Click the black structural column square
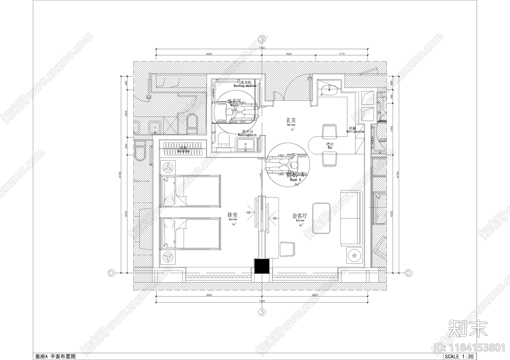(262, 266)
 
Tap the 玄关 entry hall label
(291, 120)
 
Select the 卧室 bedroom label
(233, 215)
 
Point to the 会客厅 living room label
(300, 216)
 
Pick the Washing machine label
(245, 84)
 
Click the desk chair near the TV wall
(288, 249)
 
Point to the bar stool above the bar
(330, 131)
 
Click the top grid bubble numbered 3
(262, 40)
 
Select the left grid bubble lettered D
(111, 273)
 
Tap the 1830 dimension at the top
(288, 54)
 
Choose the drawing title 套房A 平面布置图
(55, 356)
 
